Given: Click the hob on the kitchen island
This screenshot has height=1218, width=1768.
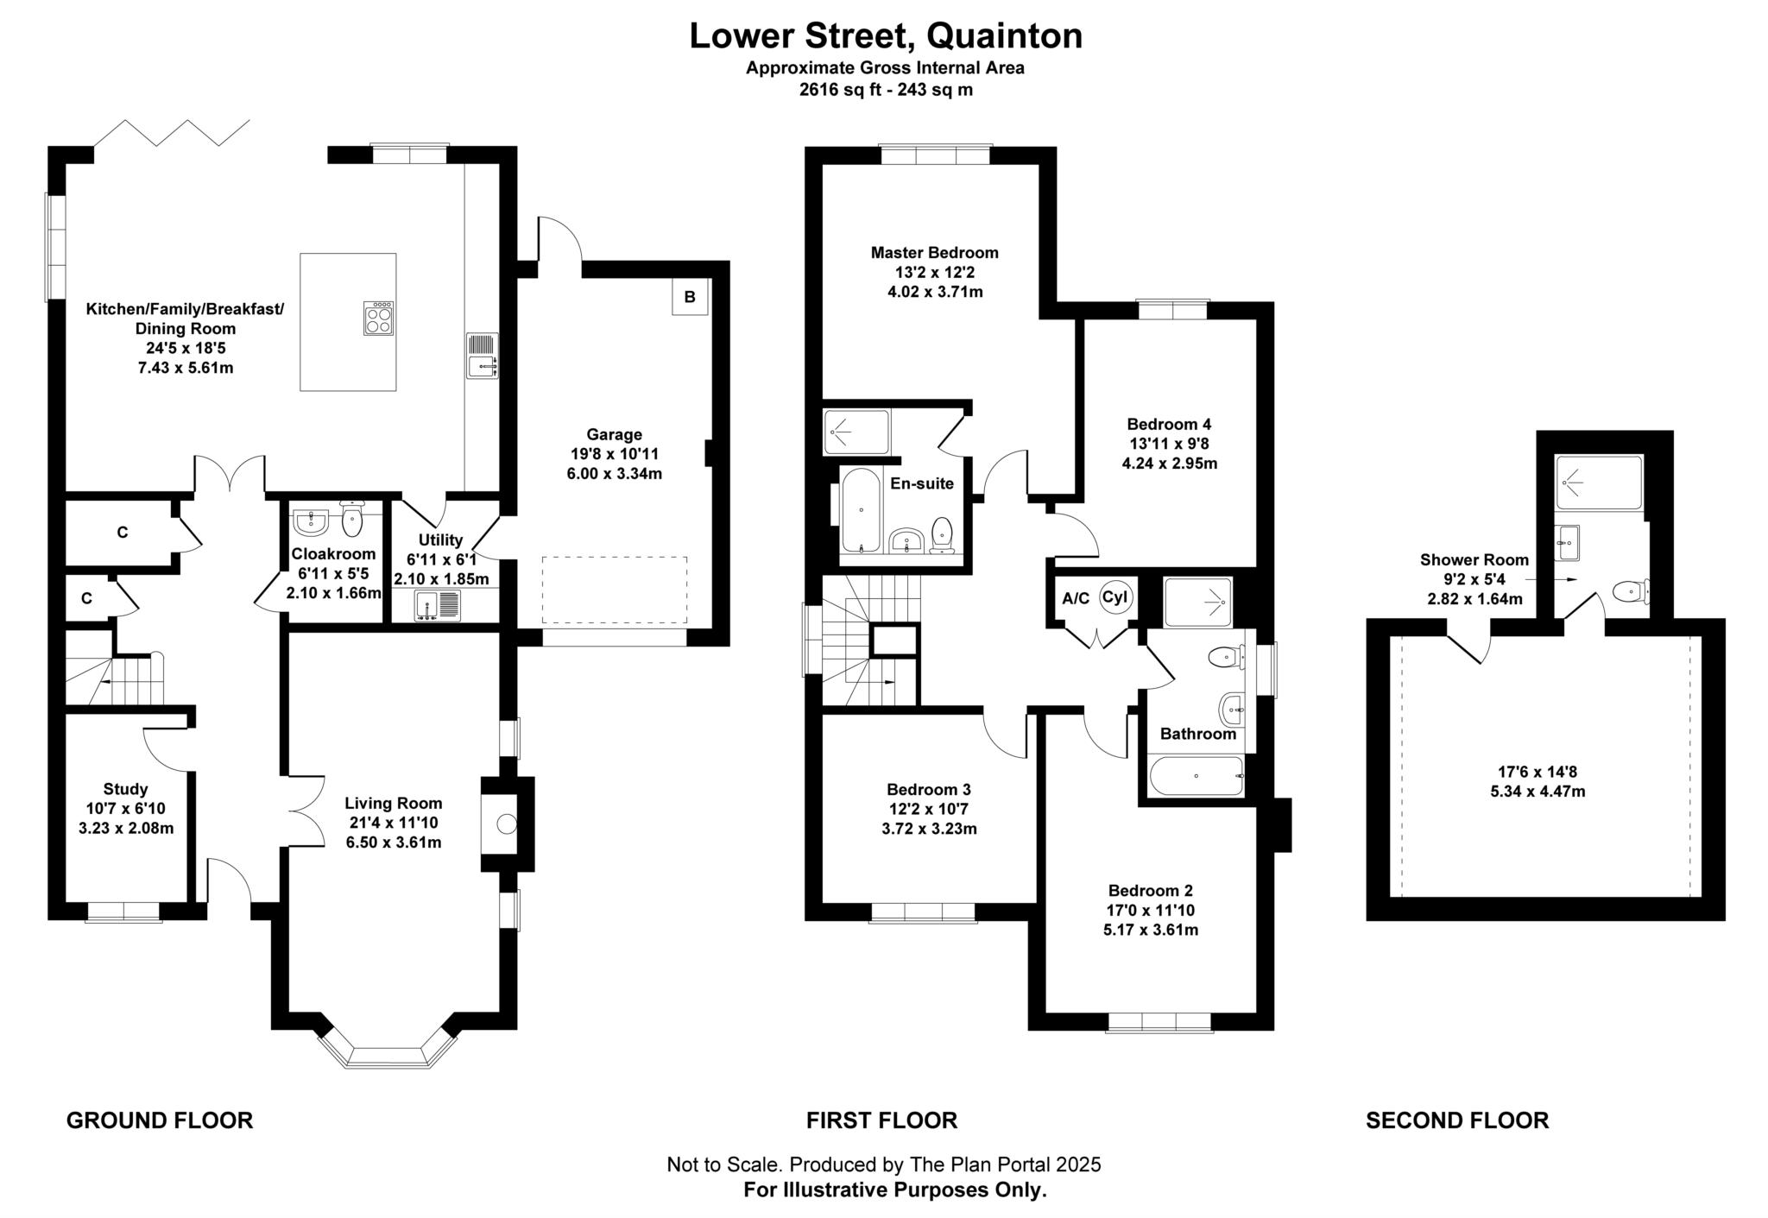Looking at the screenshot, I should [379, 318].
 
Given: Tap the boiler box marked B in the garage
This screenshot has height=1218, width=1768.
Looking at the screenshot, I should [690, 297].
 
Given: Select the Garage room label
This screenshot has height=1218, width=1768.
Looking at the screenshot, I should [614, 434].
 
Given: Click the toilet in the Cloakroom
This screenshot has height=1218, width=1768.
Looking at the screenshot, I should [352, 520].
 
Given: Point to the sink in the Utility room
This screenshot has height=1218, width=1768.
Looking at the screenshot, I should [438, 604].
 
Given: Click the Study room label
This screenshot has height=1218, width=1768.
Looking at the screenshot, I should [125, 788].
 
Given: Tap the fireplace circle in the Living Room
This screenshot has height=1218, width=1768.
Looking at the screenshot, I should [507, 824].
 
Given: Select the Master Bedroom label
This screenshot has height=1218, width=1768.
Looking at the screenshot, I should [934, 253].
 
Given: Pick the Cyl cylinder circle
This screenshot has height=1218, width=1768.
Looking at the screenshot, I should [1114, 597].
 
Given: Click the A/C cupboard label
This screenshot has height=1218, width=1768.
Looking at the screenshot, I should [1076, 598].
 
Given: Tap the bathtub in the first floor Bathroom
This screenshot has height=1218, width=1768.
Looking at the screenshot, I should [1196, 775].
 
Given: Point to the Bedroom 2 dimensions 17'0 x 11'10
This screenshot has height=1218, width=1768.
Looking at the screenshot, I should [1151, 910].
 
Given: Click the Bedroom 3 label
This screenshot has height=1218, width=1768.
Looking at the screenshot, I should [928, 789].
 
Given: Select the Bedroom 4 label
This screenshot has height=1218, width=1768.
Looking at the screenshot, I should [1169, 424].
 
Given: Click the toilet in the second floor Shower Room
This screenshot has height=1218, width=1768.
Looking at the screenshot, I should [1629, 591].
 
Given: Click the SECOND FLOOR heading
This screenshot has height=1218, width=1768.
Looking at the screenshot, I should [1456, 1120].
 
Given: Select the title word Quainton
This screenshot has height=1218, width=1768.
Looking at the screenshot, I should [1005, 36].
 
